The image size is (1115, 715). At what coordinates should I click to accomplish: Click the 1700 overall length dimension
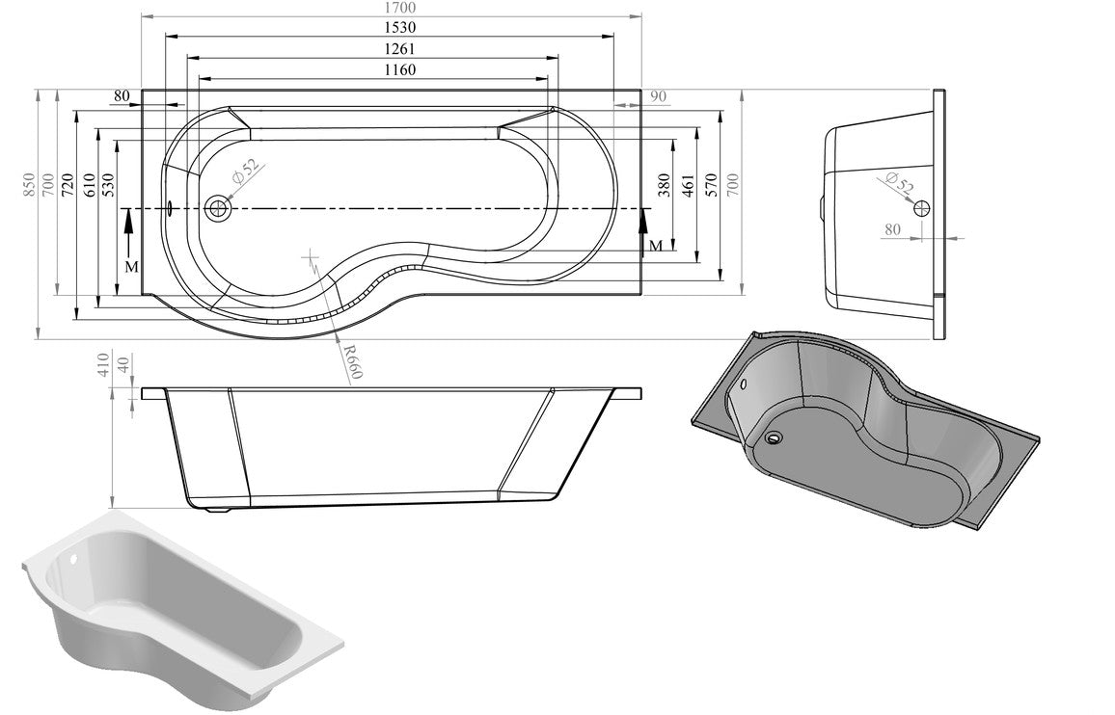391,8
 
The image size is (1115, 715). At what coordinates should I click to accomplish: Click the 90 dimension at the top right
659,95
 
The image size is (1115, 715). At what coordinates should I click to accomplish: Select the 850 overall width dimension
29,184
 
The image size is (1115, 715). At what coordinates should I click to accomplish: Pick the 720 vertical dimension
67,184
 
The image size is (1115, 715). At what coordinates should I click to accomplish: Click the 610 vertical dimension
88,184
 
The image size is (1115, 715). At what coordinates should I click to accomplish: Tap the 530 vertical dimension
108,184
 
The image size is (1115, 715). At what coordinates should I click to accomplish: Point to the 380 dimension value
664,185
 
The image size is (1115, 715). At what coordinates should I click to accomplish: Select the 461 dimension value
688,185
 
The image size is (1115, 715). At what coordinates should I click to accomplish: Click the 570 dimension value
711,185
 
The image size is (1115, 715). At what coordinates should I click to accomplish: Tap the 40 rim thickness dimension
122,367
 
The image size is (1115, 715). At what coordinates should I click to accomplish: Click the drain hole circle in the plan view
220,207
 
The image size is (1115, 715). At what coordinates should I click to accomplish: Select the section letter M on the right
655,246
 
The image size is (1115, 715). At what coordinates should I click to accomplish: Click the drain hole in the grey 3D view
775,437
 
